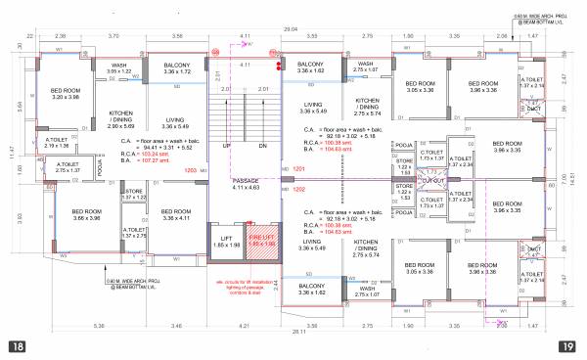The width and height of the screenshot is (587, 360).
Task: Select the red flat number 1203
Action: [191, 171]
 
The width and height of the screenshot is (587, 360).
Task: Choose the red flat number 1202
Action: [299, 190]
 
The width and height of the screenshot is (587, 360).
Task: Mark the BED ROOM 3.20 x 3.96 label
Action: [66, 94]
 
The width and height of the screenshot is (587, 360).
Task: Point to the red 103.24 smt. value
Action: [159, 155]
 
